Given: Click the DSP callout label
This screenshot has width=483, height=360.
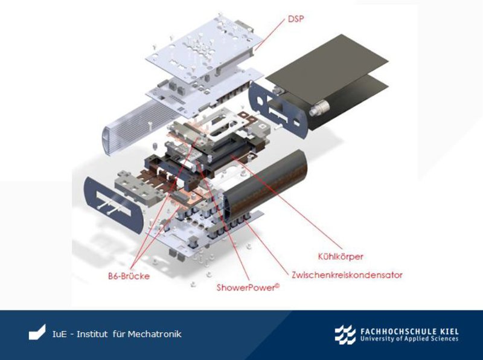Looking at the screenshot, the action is pyautogui.click(x=296, y=19).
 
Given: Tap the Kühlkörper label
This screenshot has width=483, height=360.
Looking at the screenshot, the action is pyautogui.click(x=341, y=257).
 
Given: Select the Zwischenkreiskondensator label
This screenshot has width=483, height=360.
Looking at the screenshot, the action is pyautogui.click(x=347, y=275).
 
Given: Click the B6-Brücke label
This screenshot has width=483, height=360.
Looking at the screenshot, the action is pyautogui.click(x=129, y=276).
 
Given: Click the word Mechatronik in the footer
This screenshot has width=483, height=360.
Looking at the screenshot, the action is pyautogui.click(x=155, y=334).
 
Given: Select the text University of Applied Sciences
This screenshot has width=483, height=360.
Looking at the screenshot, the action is pyautogui.click(x=409, y=339).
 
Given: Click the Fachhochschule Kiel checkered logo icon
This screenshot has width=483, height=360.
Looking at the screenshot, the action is pyautogui.click(x=345, y=335).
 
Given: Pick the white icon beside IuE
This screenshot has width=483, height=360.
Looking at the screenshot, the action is pyautogui.click(x=37, y=333).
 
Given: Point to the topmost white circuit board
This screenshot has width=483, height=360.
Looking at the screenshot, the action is pyautogui.click(x=205, y=47).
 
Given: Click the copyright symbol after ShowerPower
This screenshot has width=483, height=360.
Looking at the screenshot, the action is pyautogui.click(x=277, y=286).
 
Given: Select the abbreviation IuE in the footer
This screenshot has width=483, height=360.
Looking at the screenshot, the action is pyautogui.click(x=60, y=334).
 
